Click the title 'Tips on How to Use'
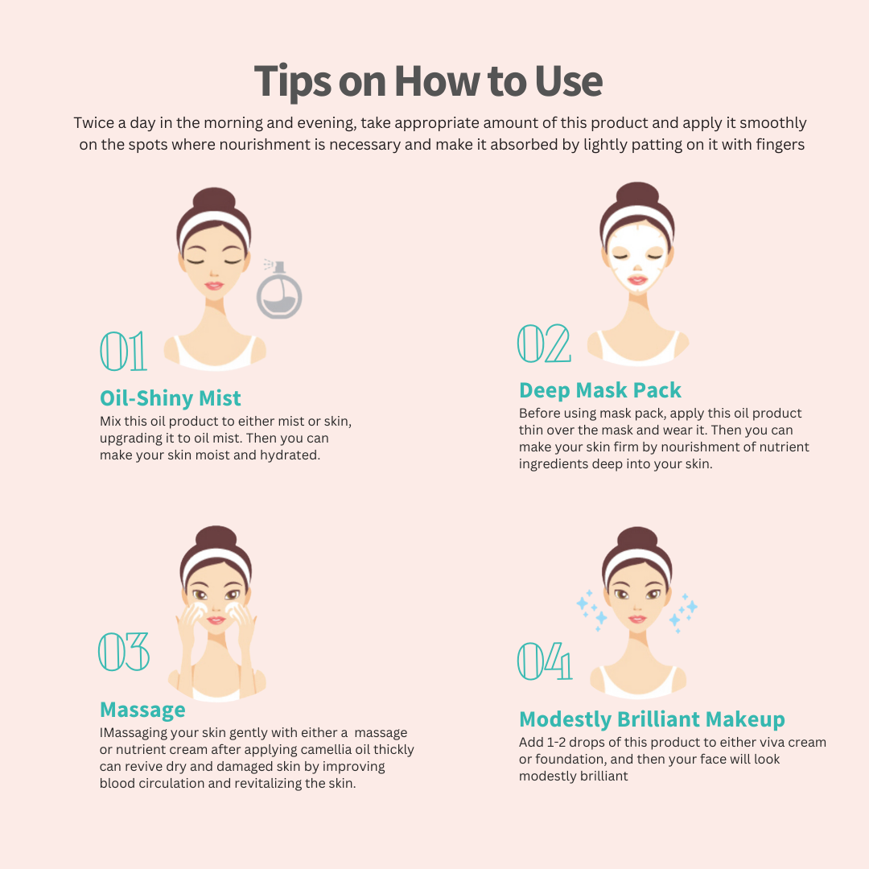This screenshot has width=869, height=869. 428,82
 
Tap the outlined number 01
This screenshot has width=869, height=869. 123,352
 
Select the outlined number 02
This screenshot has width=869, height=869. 544,344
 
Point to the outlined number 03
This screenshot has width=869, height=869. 124,652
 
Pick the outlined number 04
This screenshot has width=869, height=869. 544,661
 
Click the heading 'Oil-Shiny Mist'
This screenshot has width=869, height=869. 170,398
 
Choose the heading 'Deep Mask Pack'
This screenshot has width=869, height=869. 600,390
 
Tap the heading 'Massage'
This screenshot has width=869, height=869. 142,710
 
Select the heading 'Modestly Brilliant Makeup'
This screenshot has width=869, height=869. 653,719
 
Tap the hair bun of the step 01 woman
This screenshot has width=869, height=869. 214,200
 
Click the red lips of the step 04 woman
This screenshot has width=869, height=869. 637,619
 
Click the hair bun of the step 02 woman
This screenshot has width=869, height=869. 637,195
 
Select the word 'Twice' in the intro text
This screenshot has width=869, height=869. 93,123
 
